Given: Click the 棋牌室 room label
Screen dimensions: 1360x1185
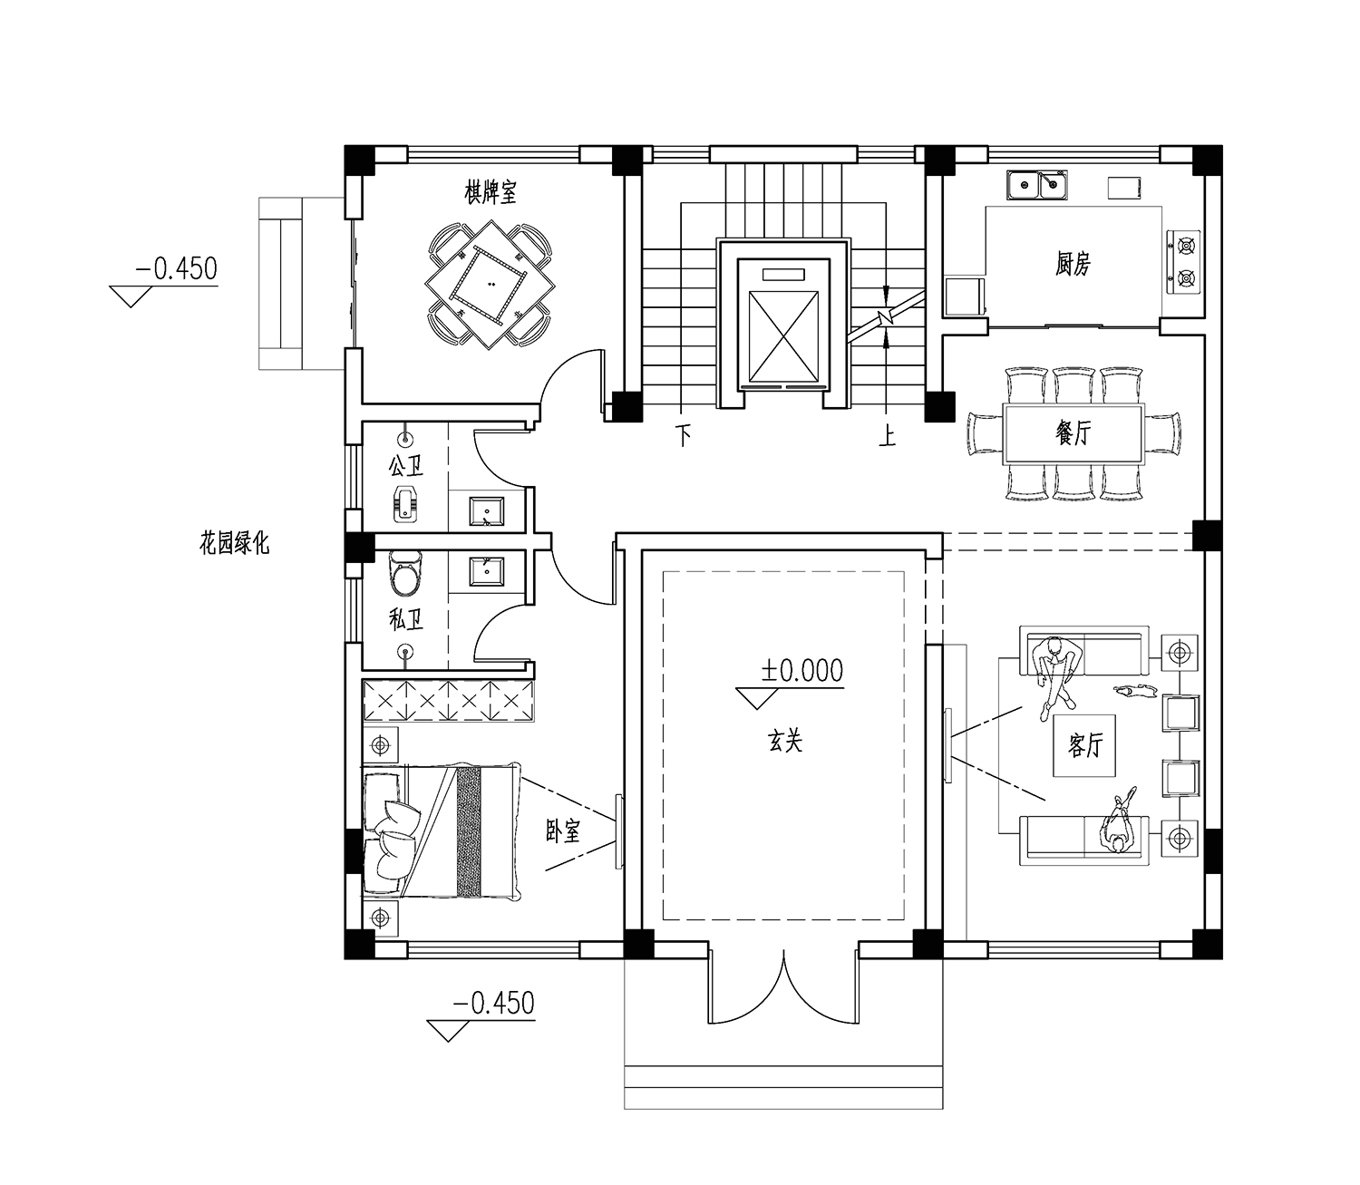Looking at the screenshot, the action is pos(490,193).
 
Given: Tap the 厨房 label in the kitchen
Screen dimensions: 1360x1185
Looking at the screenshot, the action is pos(1073,264).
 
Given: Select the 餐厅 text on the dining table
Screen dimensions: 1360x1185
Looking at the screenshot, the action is pos(1073,433).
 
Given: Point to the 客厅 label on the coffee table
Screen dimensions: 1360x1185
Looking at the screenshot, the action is pos(1084,745).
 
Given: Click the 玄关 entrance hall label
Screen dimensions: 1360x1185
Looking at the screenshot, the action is pos(785,741).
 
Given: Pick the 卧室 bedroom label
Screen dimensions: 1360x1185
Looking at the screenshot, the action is pos(562,831).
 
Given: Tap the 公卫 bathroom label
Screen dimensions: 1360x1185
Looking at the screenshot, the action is pos(405,466).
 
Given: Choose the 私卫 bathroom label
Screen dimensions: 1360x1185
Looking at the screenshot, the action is pos(405,620).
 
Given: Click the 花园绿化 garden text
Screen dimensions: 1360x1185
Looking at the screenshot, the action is pos(234,544).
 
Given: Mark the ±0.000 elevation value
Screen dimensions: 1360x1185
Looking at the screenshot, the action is pos(802,671).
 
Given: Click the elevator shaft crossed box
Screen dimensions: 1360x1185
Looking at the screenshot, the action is pos(783,336).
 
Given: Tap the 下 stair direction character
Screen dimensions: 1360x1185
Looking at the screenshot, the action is pos(684,436).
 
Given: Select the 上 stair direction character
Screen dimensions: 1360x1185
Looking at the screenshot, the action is pos(888,436).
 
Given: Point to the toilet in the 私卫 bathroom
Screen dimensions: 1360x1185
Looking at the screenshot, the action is pos(404,572).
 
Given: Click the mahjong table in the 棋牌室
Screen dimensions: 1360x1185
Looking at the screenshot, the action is pos(490,285).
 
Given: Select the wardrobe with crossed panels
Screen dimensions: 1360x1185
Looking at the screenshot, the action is pos(448,700).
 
